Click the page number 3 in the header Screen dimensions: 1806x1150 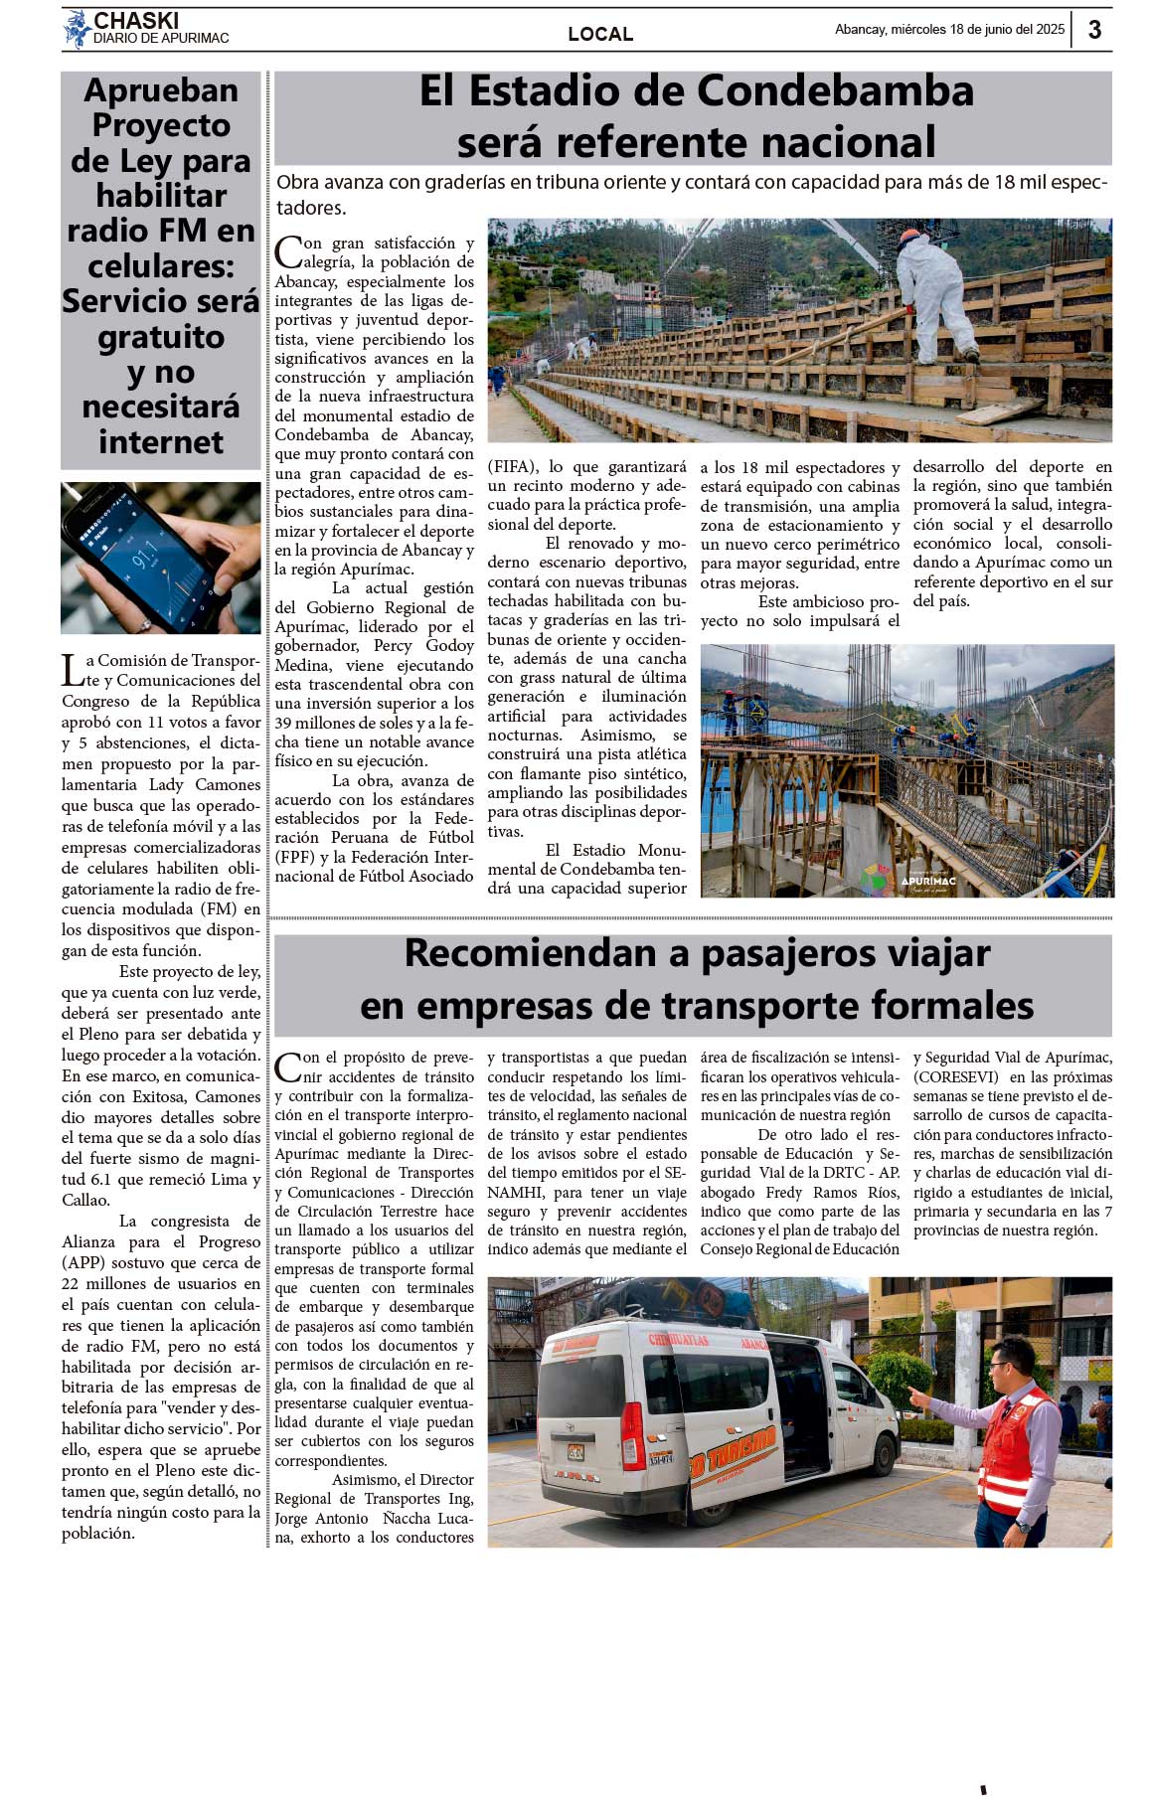click(x=1094, y=30)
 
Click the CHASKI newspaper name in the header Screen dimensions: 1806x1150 click(x=135, y=21)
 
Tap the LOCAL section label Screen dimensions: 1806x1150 click(x=600, y=34)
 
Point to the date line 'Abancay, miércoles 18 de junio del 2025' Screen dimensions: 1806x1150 click(x=949, y=30)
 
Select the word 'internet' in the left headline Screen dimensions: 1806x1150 click(x=161, y=441)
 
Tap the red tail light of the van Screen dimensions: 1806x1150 click(x=632, y=1434)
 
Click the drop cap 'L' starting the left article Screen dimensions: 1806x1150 click(x=73, y=671)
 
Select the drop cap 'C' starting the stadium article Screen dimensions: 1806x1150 click(x=287, y=252)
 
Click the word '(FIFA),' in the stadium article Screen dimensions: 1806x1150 click(x=513, y=467)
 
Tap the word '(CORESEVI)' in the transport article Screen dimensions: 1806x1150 click(x=957, y=1077)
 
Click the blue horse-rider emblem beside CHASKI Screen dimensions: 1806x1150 click(x=77, y=29)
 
